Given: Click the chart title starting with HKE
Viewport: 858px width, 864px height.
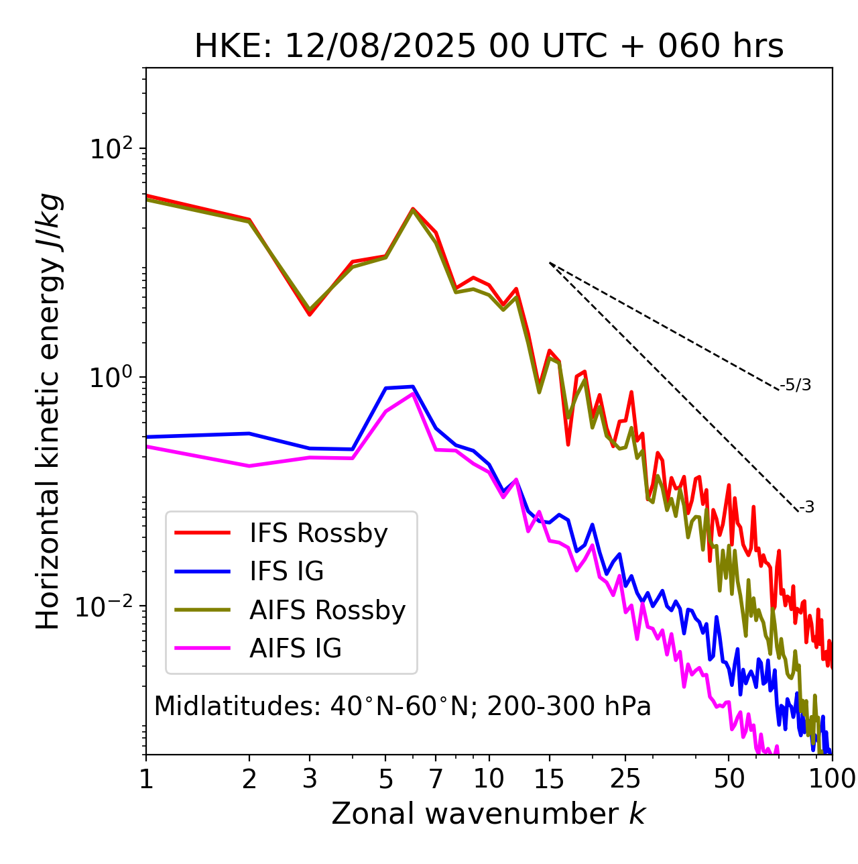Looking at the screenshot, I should pyautogui.click(x=489, y=47).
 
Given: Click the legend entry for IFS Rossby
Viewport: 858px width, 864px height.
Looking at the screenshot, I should pyautogui.click(x=318, y=533).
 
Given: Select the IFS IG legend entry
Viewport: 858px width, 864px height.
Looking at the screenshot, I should pyautogui.click(x=286, y=572).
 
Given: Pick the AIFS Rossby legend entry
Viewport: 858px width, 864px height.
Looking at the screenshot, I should pyautogui.click(x=327, y=610).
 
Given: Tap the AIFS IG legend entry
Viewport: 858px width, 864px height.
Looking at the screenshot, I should pyautogui.click(x=296, y=649).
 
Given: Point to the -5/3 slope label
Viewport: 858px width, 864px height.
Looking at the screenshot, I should pyautogui.click(x=796, y=385).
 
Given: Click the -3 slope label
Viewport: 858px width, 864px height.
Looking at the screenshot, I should pyautogui.click(x=806, y=507).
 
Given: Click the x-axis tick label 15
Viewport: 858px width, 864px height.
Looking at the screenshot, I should pyautogui.click(x=550, y=779).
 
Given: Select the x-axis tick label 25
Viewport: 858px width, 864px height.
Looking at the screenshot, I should pyautogui.click(x=625, y=779).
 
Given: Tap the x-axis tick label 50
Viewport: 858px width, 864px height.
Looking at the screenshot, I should pyautogui.click(x=729, y=779).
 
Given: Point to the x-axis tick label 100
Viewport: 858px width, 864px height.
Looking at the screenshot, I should pyautogui.click(x=831, y=779).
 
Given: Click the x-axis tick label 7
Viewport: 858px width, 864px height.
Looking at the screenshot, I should pyautogui.click(x=436, y=779).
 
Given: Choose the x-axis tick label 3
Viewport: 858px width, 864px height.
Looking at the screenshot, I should pyautogui.click(x=310, y=779).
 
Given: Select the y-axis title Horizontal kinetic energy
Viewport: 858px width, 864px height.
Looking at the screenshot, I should pyautogui.click(x=48, y=411).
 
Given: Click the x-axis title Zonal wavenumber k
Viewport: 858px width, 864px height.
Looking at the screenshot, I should pyautogui.click(x=489, y=814).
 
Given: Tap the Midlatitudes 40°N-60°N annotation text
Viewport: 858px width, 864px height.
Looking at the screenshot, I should pyautogui.click(x=402, y=706).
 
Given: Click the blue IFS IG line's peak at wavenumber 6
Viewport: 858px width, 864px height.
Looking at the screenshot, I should pyautogui.click(x=413, y=386).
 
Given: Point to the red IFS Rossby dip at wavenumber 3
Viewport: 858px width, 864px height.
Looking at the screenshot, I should pyautogui.click(x=310, y=315).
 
